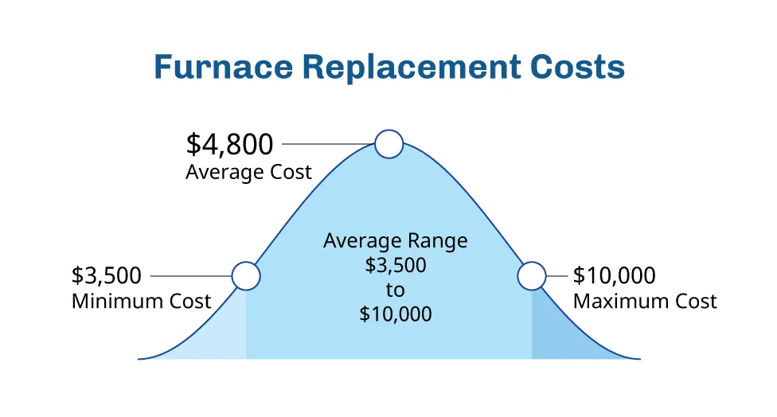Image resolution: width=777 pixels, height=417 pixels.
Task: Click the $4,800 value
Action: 230,144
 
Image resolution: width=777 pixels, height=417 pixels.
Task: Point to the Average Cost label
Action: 248,172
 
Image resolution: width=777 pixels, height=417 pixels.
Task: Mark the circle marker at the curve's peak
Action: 389,144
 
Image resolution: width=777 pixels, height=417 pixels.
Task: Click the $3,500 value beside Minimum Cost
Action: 107,276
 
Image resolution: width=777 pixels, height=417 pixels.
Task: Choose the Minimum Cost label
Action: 142,302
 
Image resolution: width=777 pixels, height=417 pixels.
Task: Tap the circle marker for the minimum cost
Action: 246,276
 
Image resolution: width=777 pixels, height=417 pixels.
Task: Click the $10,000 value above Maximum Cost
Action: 615,276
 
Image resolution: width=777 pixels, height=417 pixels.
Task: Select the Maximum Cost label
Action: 645,302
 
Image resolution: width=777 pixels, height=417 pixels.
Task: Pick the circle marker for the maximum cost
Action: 531,276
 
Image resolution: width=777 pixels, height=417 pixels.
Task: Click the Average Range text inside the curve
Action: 396,240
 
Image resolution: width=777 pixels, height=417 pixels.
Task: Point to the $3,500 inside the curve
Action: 396,265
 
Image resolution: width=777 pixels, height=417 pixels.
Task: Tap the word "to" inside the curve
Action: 396,289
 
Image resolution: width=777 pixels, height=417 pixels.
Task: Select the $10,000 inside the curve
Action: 396,314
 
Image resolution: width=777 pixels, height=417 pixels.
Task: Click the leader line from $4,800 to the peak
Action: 328,144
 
